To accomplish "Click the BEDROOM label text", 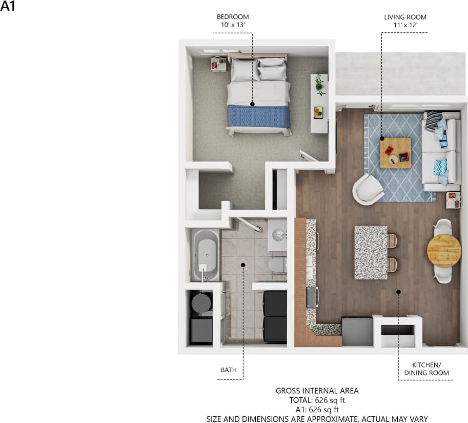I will tap(232, 17).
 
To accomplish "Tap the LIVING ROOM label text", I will tap(405, 17).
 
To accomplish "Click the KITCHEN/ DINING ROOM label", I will tap(423, 369).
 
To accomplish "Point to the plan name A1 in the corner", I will tap(8, 8).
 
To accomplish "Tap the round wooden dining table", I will tap(443, 251).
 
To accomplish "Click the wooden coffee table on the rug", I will tap(395, 153).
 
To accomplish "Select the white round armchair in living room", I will tap(368, 189).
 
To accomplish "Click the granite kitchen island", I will tap(370, 252).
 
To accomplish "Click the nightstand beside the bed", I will tap(219, 65).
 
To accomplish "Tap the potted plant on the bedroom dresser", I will tap(320, 83).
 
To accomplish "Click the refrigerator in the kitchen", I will tap(357, 331).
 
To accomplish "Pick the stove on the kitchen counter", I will tap(311, 296).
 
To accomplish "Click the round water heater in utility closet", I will tap(200, 303).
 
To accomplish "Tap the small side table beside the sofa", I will tap(453, 199).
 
